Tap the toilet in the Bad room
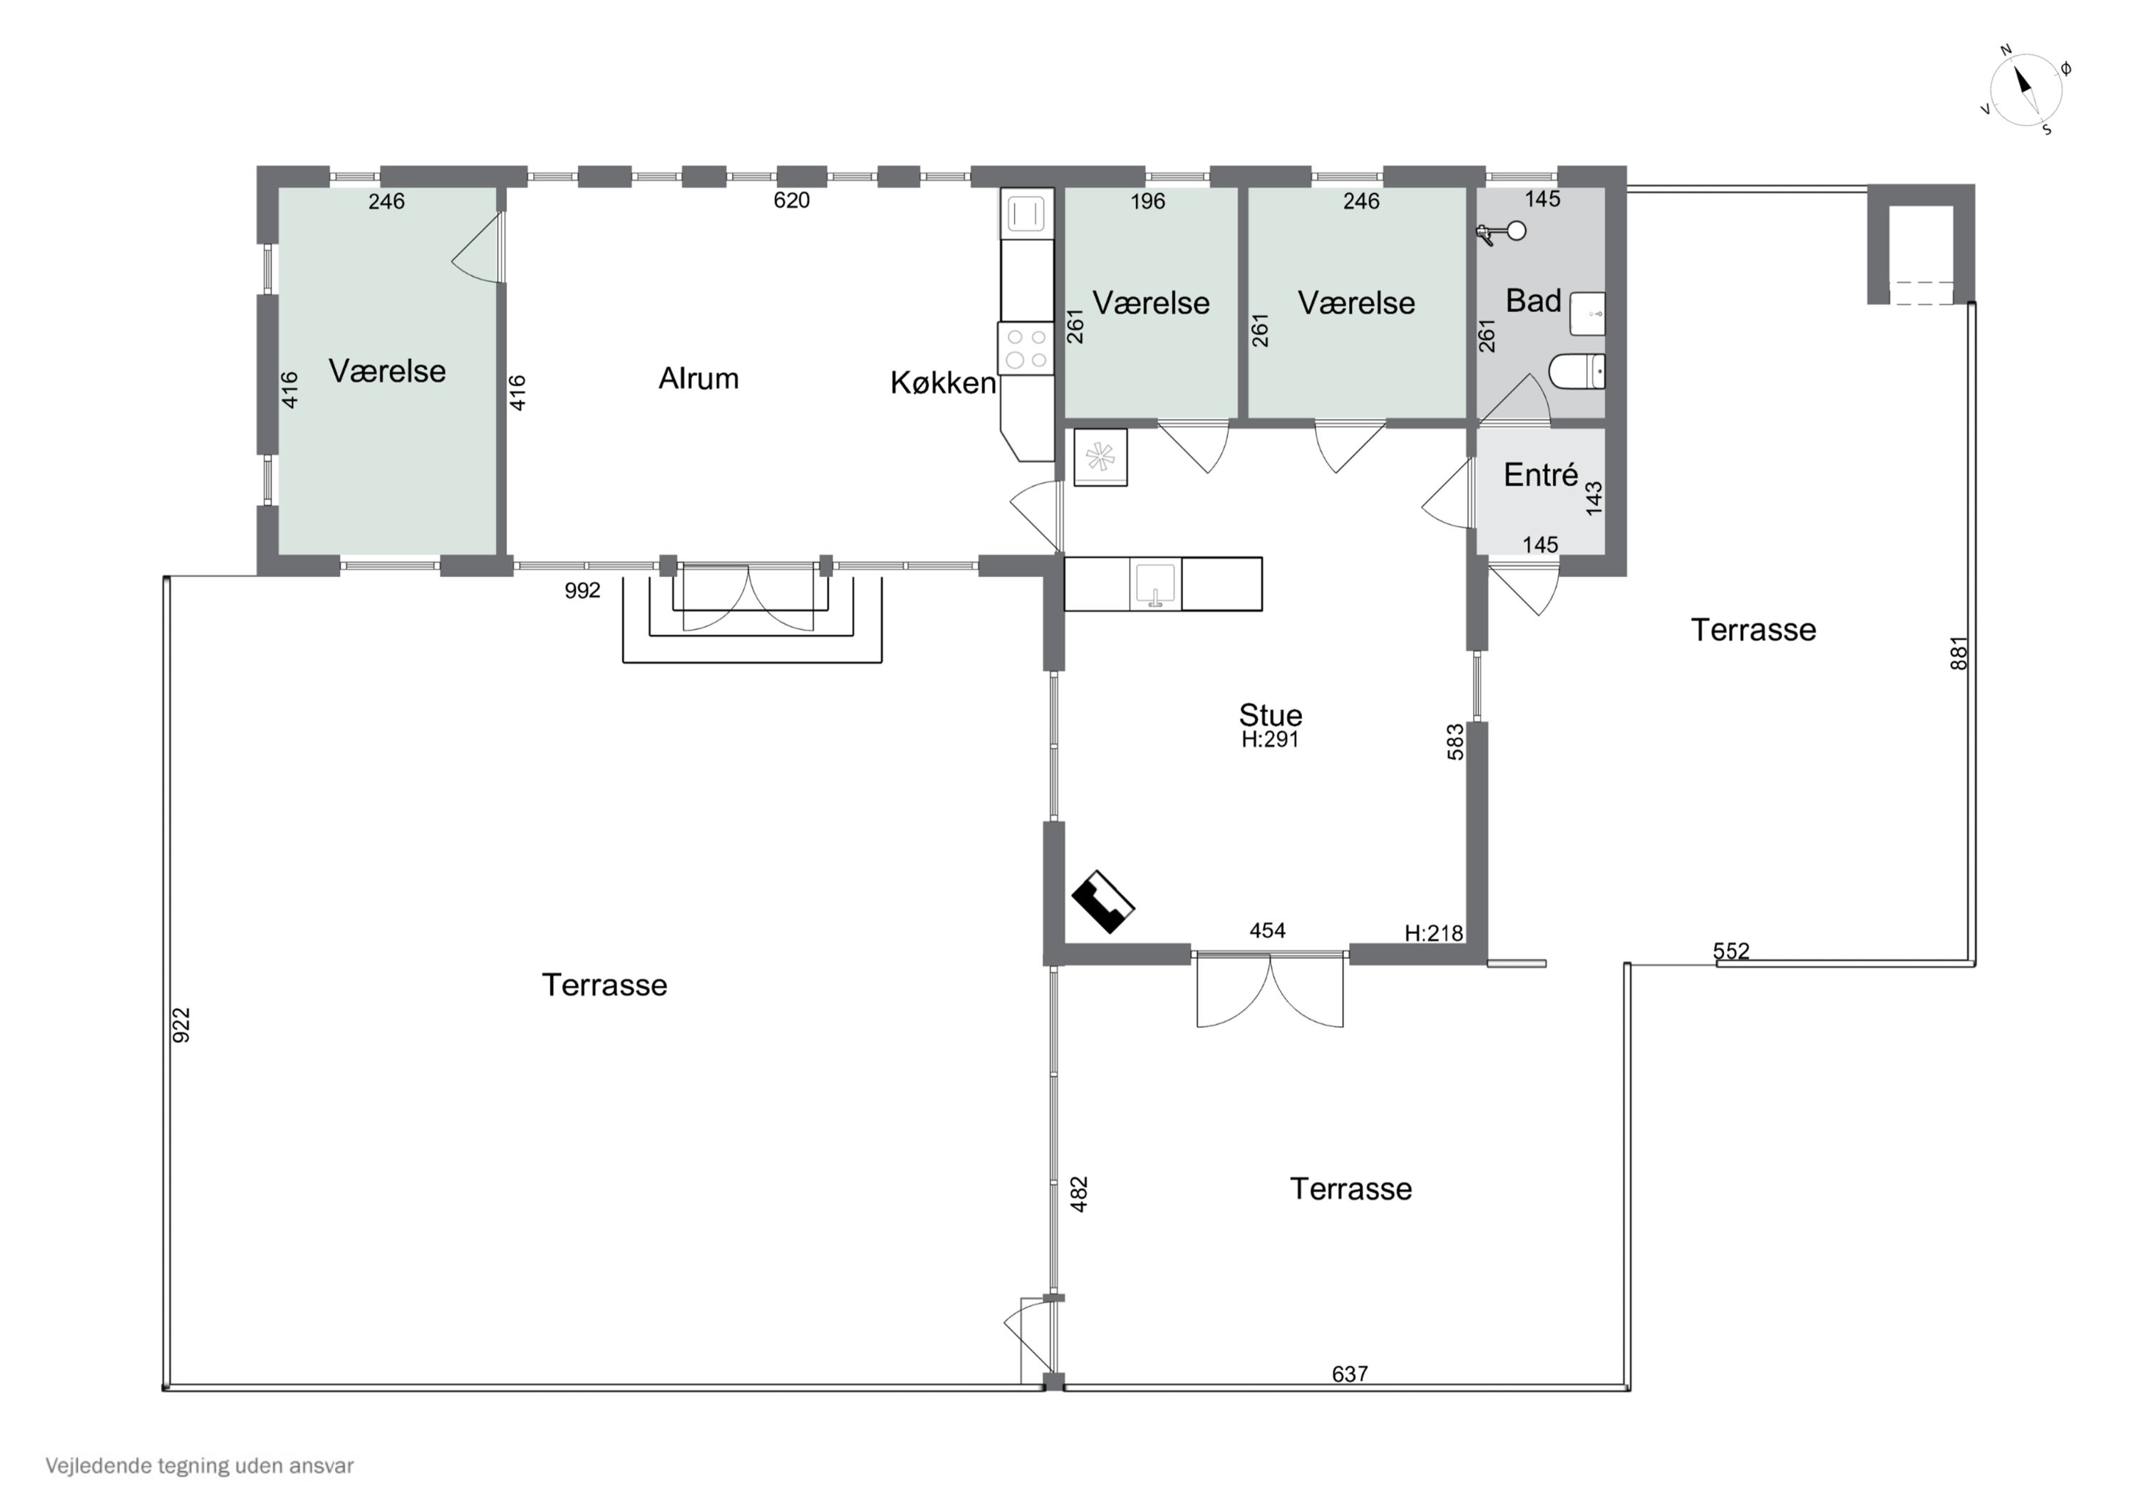pos(1576,371)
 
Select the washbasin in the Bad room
pos(1588,313)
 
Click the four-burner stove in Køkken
pos(1026,348)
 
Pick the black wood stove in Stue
pos(1102,901)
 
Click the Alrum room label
pos(698,378)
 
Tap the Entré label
pos(1540,474)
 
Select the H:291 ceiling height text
pos(1270,739)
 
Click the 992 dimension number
pos(583,591)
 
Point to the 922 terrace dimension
pos(182,1025)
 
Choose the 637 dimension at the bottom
pos(1351,1374)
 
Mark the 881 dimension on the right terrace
pos(1959,653)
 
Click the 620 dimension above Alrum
pos(792,200)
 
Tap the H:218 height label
pos(1433,933)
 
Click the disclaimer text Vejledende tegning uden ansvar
pos(200,1466)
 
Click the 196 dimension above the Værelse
pos(1148,201)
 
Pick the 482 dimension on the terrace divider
pos(1079,1195)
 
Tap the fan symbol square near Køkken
pos(1100,457)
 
